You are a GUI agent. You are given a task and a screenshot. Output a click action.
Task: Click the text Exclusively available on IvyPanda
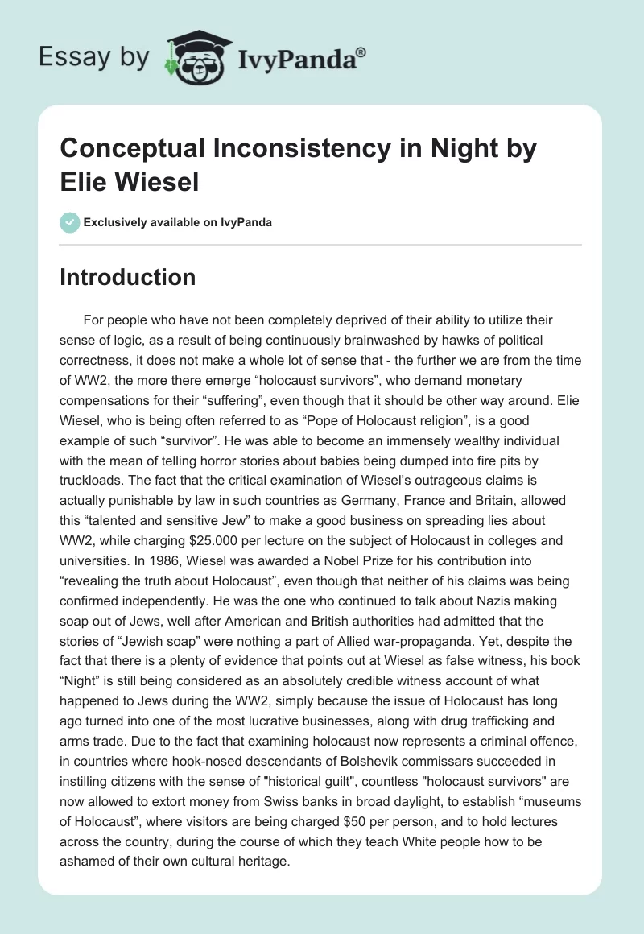(176, 222)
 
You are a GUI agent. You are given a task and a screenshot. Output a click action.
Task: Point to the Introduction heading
(127, 277)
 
